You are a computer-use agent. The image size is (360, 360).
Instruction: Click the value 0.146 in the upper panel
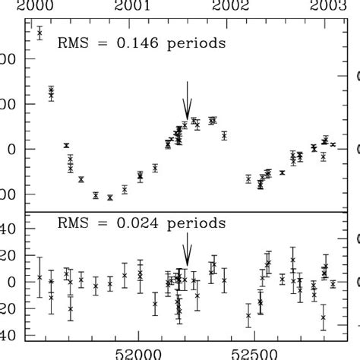[140, 43]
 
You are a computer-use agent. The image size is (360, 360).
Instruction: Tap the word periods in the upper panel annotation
[197, 43]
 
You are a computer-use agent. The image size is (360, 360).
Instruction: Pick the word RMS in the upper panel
[74, 43]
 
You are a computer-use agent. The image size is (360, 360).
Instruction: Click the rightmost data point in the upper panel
[333, 144]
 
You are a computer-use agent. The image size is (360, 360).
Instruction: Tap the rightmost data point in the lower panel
[333, 283]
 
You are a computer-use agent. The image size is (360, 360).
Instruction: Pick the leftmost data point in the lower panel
[39, 277]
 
